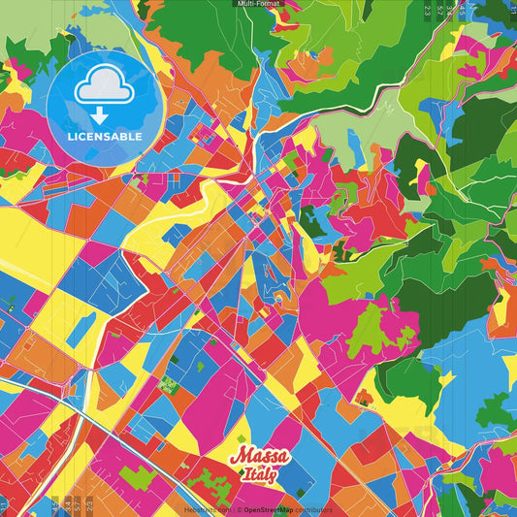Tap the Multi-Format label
(258, 4)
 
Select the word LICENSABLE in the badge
(105, 136)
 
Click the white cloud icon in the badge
(104, 90)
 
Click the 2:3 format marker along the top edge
(428, 11)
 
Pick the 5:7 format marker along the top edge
(442, 11)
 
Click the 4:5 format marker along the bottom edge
(54, 504)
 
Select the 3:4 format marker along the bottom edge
(66, 504)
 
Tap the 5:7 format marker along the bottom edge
(77, 504)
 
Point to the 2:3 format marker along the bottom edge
(90, 504)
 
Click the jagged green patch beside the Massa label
(209, 481)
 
